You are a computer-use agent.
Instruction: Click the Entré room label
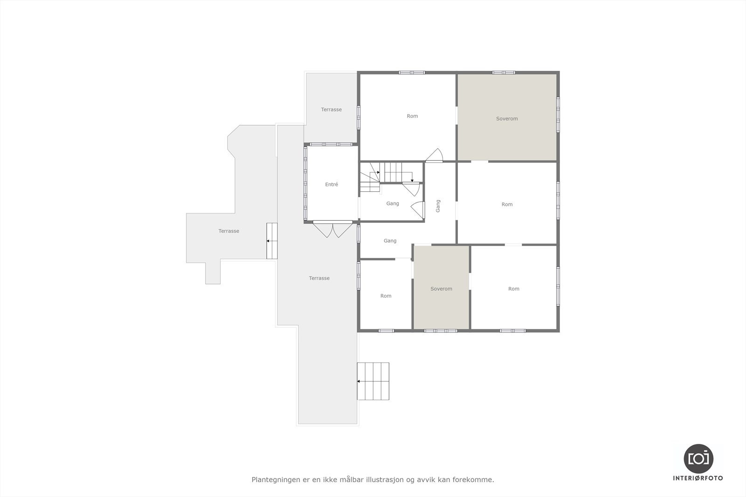coord(332,184)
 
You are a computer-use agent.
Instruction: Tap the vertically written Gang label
coord(438,206)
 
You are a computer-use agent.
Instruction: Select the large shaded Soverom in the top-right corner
coord(507,119)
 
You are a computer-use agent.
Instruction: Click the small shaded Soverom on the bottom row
coord(441,289)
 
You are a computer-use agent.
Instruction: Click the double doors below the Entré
coord(332,229)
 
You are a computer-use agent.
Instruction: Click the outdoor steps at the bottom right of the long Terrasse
coord(373,381)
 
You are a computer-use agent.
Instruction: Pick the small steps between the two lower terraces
coord(272,241)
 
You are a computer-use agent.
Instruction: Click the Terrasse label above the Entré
coord(331,109)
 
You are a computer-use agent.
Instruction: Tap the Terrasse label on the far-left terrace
coord(228,231)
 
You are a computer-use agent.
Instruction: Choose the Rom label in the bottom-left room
coord(386,296)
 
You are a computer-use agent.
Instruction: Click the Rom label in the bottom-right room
coord(513,289)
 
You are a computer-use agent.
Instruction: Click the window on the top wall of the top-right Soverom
coord(504,73)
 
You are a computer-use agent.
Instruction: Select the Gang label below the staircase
coord(393,204)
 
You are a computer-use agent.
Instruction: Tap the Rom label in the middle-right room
coord(507,204)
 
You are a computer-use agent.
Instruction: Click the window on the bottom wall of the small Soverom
coord(441,331)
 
